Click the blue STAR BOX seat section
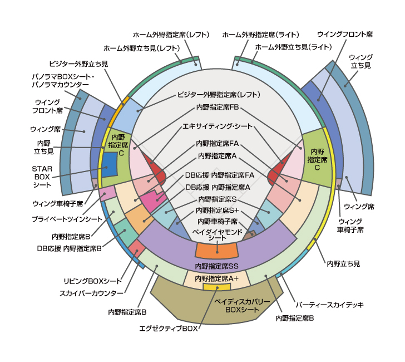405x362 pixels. (108, 164)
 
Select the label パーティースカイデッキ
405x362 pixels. (329, 305)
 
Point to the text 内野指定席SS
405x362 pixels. (216, 266)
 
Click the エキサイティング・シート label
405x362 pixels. (218, 126)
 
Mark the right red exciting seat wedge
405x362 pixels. (275, 173)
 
